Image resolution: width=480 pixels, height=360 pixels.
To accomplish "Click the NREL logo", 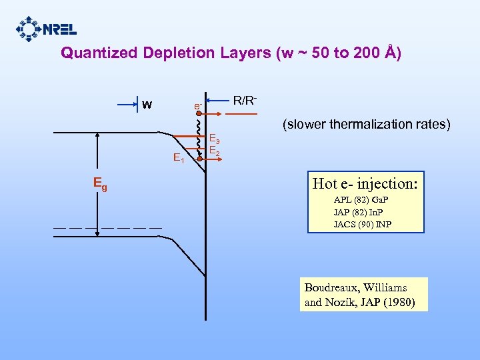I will (x=47, y=29).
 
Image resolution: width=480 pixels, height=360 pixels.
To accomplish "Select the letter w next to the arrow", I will (x=147, y=105).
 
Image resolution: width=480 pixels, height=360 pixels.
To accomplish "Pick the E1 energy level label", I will (x=179, y=159).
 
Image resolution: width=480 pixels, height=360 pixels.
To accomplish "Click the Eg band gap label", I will (x=100, y=183).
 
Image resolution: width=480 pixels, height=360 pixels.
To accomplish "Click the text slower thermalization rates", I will (x=367, y=124).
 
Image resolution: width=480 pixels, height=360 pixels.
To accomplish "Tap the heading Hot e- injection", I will (x=365, y=183).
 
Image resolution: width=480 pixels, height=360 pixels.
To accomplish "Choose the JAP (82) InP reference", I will (x=362, y=212).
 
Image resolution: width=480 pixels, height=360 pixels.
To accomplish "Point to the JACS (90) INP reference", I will (x=363, y=224).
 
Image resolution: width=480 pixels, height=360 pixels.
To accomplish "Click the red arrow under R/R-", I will (x=240, y=114).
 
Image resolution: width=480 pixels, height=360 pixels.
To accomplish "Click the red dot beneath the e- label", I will (x=199, y=114).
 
